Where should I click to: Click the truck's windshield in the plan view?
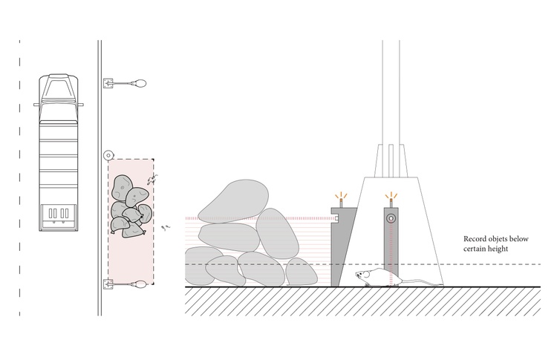click(x=59, y=90)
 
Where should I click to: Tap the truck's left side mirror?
click(x=36, y=105)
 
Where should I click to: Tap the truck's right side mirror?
click(x=81, y=105)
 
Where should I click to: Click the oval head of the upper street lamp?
click(x=140, y=83)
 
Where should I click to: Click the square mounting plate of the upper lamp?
click(x=108, y=83)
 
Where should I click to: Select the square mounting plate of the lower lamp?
click(x=108, y=284)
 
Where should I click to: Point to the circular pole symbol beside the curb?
click(x=108, y=155)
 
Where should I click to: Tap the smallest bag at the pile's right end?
click(x=302, y=272)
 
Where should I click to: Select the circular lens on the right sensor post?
click(x=391, y=217)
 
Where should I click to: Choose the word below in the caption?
click(x=520, y=239)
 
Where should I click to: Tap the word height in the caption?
click(x=498, y=249)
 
